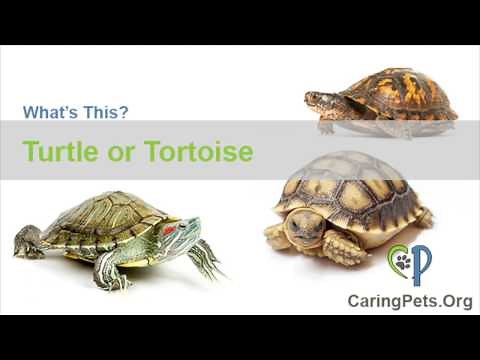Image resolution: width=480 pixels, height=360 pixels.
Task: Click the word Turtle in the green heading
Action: click(x=61, y=151)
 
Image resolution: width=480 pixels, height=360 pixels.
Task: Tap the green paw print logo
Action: click(x=400, y=263)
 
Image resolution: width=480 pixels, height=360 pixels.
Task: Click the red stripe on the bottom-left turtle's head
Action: click(x=169, y=229)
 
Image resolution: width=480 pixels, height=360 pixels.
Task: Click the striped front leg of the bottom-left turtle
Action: click(x=205, y=258)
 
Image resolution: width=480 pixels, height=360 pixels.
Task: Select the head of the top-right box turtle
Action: click(x=317, y=99)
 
